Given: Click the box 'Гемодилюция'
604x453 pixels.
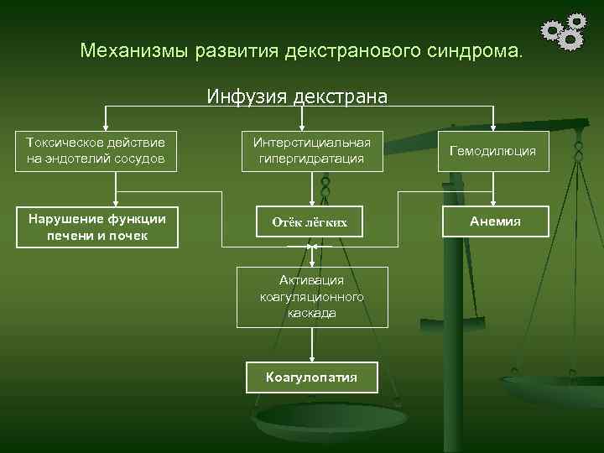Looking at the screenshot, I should pos(492,151).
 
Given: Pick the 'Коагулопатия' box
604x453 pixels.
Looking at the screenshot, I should pos(311,377).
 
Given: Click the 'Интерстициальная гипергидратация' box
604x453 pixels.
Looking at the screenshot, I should pos(312,151).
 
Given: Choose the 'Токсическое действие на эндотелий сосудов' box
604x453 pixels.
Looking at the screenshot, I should pos(96,151).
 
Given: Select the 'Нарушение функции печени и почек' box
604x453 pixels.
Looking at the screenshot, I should pos(97,227).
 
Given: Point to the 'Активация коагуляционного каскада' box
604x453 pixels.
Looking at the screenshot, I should pos(312,297).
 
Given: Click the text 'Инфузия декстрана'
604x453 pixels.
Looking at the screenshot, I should pos(298,96).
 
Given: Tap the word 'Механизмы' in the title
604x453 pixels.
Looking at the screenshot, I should pos(134,50).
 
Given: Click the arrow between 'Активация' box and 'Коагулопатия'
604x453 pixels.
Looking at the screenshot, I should pos(312,344).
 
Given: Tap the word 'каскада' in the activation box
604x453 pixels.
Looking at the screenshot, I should pos(311,312).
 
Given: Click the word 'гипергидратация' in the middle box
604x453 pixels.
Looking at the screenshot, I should pos(312,159).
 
